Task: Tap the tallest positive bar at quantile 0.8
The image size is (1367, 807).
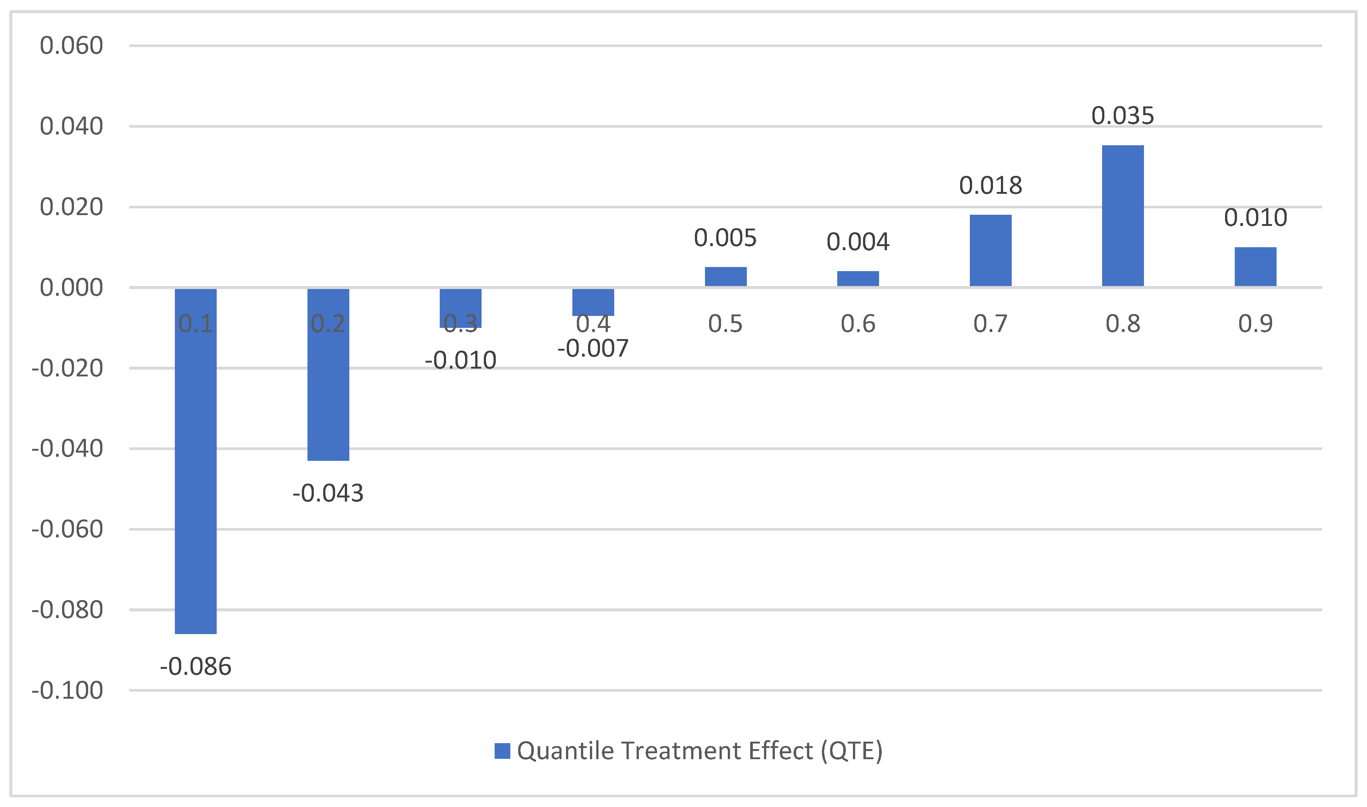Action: (1122, 216)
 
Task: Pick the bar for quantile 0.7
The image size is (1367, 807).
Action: (990, 251)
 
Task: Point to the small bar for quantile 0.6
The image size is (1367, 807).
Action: (857, 279)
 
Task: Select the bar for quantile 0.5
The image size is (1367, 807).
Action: (725, 277)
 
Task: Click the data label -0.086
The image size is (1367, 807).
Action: (195, 667)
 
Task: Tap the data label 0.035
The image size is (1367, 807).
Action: (1122, 116)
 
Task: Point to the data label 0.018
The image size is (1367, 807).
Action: (990, 186)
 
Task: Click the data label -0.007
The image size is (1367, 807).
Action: (593, 348)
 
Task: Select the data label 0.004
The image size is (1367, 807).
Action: (857, 242)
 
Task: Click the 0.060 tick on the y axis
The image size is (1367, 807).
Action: (71, 46)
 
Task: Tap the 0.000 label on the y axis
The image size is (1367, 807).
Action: (71, 288)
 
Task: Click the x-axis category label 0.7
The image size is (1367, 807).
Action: (990, 324)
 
